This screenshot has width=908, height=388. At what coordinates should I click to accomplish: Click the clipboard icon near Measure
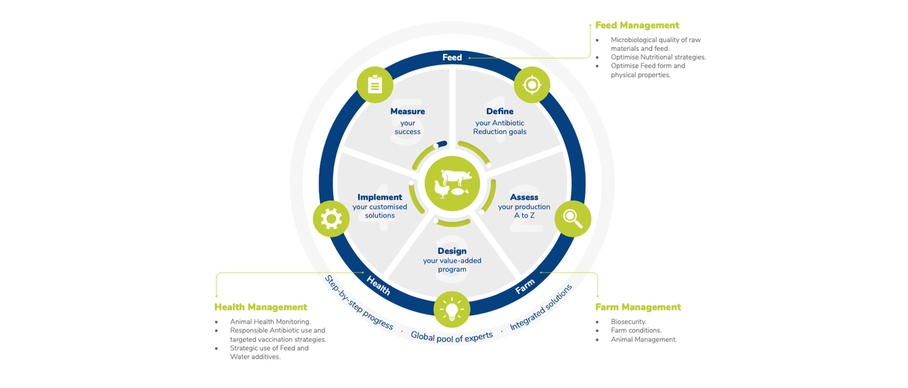point(375,84)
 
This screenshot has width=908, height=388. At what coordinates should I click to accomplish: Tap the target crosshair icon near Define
point(532,84)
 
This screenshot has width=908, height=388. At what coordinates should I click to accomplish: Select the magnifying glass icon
point(572,219)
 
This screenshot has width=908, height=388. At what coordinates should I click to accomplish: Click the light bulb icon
point(452,309)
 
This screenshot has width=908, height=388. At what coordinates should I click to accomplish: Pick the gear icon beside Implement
point(331,219)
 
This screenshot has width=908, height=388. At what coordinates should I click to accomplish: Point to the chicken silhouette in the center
point(442,190)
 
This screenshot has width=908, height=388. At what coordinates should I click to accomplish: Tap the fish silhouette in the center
point(459,192)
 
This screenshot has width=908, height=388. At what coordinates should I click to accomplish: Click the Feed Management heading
point(637,25)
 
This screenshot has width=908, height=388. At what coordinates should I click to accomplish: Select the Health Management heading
point(260,307)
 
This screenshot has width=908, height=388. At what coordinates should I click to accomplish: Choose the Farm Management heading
point(638,307)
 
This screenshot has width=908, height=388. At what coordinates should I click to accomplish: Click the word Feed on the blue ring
point(452,58)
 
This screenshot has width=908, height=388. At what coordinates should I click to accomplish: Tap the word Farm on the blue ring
point(525,286)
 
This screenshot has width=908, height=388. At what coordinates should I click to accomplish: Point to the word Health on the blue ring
point(378,285)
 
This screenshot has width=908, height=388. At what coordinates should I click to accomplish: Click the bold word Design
point(452,251)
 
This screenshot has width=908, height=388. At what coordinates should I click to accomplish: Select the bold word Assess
point(524,197)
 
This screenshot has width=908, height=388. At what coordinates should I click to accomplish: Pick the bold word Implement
point(380,197)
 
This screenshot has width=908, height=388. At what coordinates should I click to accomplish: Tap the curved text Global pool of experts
point(451,337)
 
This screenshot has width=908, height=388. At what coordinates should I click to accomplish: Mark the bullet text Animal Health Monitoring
point(270,322)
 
